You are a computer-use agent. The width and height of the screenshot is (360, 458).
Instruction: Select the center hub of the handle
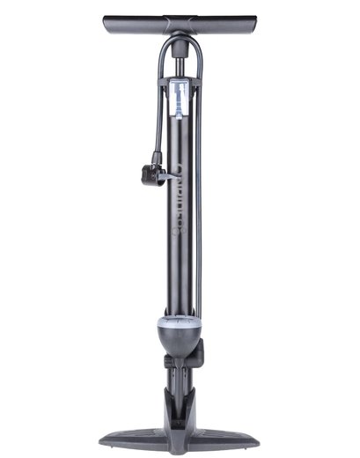coord(180,26)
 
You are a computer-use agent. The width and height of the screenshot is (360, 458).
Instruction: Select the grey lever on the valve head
coord(165,176)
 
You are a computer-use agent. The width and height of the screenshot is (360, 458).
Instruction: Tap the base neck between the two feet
coord(180,405)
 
